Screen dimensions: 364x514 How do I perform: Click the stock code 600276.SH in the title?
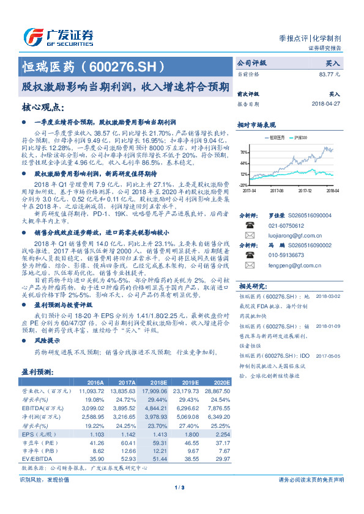click(128, 66)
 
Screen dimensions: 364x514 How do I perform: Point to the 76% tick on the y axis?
click(244, 153)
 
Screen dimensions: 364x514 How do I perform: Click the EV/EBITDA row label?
click(34, 457)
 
